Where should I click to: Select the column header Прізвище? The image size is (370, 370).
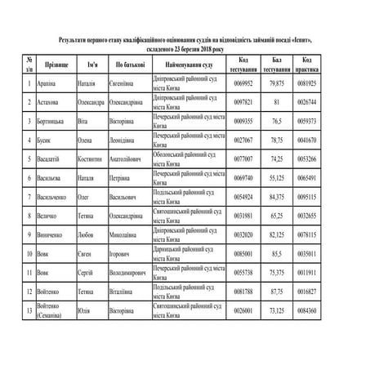point(56,63)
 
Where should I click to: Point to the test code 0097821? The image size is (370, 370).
point(243,103)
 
